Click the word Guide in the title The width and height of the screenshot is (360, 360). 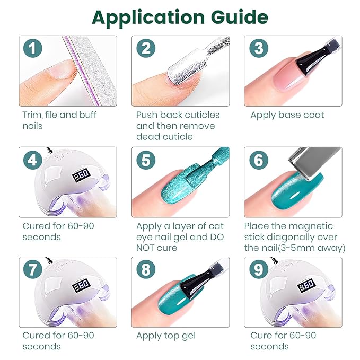click(x=240, y=17)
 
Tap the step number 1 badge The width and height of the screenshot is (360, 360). click(x=32, y=48)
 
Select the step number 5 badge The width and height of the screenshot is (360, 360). click(x=146, y=160)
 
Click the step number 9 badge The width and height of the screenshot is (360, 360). click(x=259, y=269)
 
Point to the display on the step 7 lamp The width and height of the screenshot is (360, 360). click(x=81, y=285)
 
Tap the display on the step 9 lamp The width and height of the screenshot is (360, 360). click(x=306, y=285)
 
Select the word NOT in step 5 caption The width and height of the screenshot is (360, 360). click(x=145, y=248)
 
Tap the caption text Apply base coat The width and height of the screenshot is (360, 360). click(x=287, y=115)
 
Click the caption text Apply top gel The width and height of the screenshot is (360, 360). click(x=166, y=336)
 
